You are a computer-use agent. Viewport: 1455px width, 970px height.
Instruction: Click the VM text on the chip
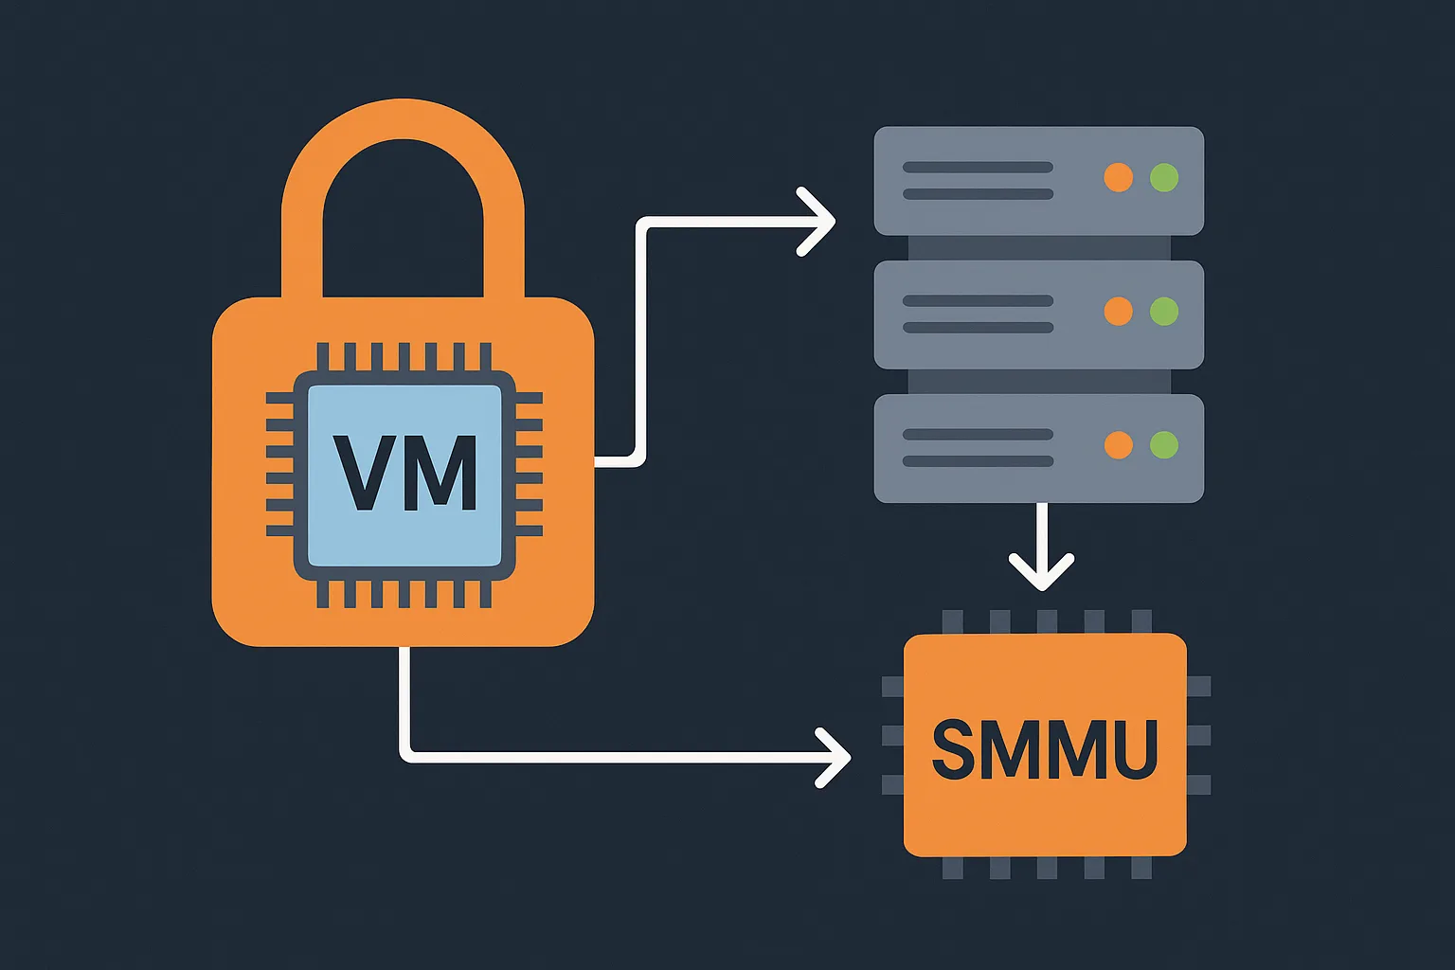pyautogui.click(x=404, y=473)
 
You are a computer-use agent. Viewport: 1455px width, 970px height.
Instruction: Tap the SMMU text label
pyautogui.click(x=1045, y=749)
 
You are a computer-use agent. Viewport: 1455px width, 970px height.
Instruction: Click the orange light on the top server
pyautogui.click(x=1119, y=177)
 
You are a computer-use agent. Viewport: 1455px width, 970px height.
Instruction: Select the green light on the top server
pyautogui.click(x=1164, y=177)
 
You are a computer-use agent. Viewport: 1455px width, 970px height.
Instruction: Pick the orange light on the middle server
pyautogui.click(x=1119, y=311)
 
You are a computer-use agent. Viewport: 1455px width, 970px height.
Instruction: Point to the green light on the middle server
pyautogui.click(x=1164, y=311)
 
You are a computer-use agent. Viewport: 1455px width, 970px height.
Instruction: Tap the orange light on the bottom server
pyautogui.click(x=1119, y=444)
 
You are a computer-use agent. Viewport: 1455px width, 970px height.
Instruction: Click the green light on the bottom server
pyautogui.click(x=1164, y=444)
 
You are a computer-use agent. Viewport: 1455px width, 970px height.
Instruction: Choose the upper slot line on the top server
pyautogui.click(x=978, y=168)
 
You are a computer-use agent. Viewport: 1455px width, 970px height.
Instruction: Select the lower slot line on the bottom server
pyautogui.click(x=978, y=461)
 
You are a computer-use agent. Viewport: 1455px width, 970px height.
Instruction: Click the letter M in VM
pyautogui.click(x=440, y=473)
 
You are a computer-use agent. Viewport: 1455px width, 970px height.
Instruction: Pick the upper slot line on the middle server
pyautogui.click(x=978, y=301)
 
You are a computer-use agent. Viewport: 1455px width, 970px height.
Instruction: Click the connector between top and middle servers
pyautogui.click(x=1039, y=248)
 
